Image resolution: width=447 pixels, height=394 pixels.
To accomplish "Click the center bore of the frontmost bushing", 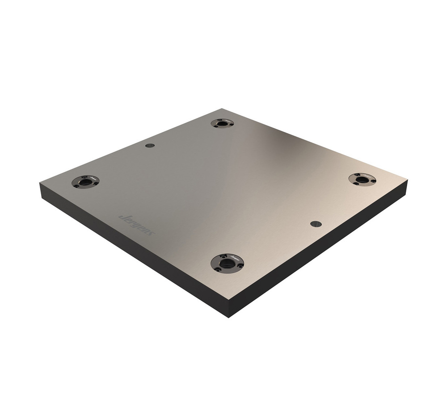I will click(x=227, y=263).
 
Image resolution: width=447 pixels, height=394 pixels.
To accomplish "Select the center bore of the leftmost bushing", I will click(x=85, y=182).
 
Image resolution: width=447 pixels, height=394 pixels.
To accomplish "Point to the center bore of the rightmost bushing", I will click(x=362, y=180).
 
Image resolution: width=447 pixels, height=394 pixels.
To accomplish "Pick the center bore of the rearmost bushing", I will click(x=222, y=123).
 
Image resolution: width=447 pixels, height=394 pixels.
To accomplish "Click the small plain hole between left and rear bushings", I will click(x=150, y=146).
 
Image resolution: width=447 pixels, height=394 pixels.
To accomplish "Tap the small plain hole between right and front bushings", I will click(x=316, y=223).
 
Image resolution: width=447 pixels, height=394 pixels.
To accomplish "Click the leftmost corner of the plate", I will click(x=40, y=183).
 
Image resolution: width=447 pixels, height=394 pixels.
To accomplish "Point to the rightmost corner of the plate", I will click(x=407, y=181).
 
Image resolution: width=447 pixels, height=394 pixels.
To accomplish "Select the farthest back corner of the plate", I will click(x=222, y=109).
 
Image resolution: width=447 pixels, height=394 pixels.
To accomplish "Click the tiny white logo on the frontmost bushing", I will click(x=235, y=258).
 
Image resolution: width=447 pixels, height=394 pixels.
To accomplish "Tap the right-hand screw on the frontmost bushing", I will click(x=240, y=266).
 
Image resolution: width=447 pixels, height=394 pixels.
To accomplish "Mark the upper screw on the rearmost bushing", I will click(x=219, y=120).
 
